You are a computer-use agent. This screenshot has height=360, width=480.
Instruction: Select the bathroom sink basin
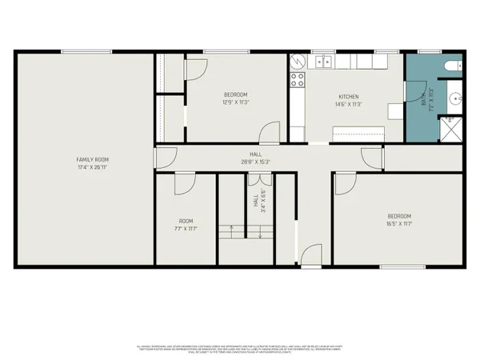pyautogui.click(x=454, y=100)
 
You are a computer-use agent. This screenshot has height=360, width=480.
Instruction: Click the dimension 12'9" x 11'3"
pyautogui.click(x=236, y=102)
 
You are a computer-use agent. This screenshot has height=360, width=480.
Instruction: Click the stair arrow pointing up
pyautogui.click(x=232, y=232)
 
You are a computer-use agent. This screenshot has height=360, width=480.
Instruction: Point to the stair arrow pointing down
pyautogui.click(x=261, y=232)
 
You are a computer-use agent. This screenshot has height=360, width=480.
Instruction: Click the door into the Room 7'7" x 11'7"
pyautogui.click(x=184, y=185)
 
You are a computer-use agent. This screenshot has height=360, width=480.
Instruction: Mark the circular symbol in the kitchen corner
pyautogui.click(x=296, y=60)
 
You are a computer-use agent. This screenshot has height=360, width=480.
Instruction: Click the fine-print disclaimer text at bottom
pyautogui.click(x=240, y=348)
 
